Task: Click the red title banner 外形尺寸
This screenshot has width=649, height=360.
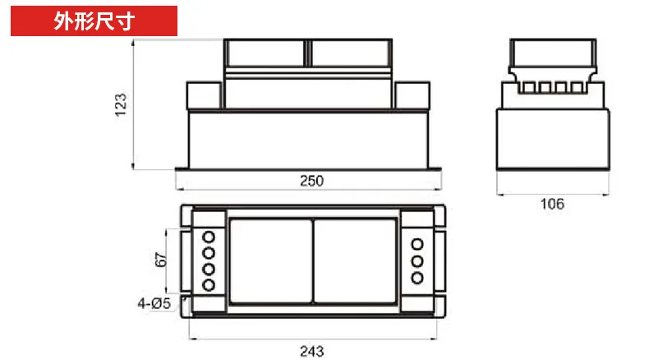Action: tap(94, 21)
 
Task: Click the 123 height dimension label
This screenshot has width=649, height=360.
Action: tap(121, 105)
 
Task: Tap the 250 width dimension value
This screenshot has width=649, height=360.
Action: tap(311, 181)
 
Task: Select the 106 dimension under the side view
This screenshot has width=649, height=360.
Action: tap(552, 204)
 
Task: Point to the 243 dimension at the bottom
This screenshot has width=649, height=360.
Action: tap(311, 351)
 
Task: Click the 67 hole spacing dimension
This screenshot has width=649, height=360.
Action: tap(160, 260)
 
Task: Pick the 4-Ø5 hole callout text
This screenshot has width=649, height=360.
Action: tap(154, 303)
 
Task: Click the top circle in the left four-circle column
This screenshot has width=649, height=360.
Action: tap(209, 237)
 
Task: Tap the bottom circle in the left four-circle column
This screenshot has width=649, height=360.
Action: tap(209, 285)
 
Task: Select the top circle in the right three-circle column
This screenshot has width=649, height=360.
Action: tap(417, 244)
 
